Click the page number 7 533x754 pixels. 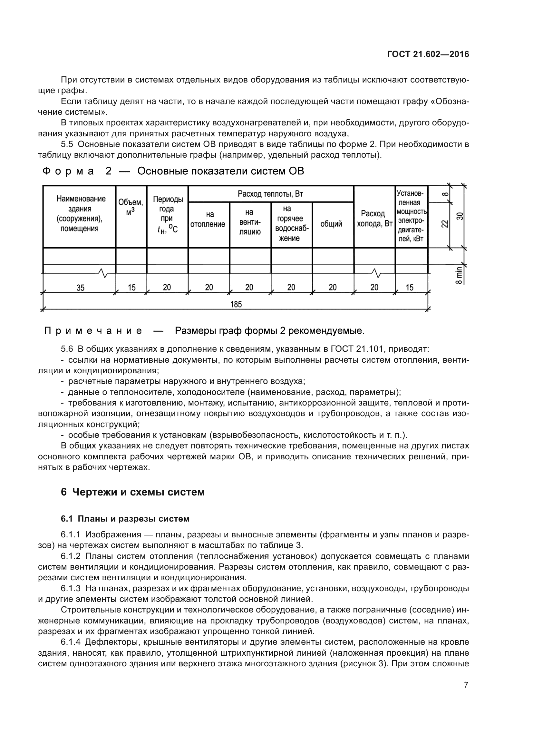(x=466, y=685)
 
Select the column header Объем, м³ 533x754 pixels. (x=131, y=207)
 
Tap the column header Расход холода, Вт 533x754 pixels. (x=374, y=219)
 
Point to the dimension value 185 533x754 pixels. (x=236, y=304)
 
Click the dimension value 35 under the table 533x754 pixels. (x=81, y=288)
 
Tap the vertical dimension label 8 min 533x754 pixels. (x=459, y=275)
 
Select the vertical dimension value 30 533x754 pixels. (x=460, y=216)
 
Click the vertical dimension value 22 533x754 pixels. (x=444, y=224)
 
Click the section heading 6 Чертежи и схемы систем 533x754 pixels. (x=132, y=492)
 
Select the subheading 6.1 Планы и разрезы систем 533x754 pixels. (x=125, y=519)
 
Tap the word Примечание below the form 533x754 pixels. (x=93, y=331)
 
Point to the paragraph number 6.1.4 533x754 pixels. (x=71, y=642)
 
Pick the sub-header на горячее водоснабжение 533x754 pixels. (x=291, y=223)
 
